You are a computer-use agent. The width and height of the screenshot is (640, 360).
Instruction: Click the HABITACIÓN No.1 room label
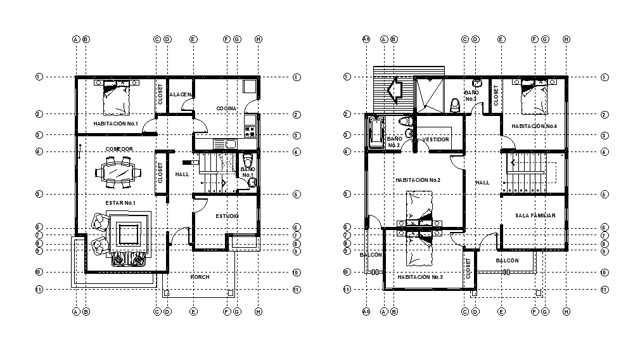115,123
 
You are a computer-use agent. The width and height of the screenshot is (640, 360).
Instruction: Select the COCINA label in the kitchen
226,108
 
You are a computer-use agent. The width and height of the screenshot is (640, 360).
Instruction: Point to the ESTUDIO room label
227,216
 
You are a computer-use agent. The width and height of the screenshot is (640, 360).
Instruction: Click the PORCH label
200,277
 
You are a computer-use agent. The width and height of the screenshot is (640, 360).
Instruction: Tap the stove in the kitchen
250,132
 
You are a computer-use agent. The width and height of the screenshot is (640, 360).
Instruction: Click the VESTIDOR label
436,139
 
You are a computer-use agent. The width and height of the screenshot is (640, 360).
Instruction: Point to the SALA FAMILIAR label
535,215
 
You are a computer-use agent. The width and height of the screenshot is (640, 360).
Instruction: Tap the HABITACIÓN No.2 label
418,180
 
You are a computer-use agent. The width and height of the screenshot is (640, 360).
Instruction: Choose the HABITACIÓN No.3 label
419,277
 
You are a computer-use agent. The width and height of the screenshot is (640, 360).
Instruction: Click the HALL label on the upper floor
482,183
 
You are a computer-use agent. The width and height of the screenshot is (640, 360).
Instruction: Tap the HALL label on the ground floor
182,174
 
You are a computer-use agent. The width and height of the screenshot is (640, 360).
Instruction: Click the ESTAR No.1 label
120,202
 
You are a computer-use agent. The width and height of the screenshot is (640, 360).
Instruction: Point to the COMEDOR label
119,149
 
